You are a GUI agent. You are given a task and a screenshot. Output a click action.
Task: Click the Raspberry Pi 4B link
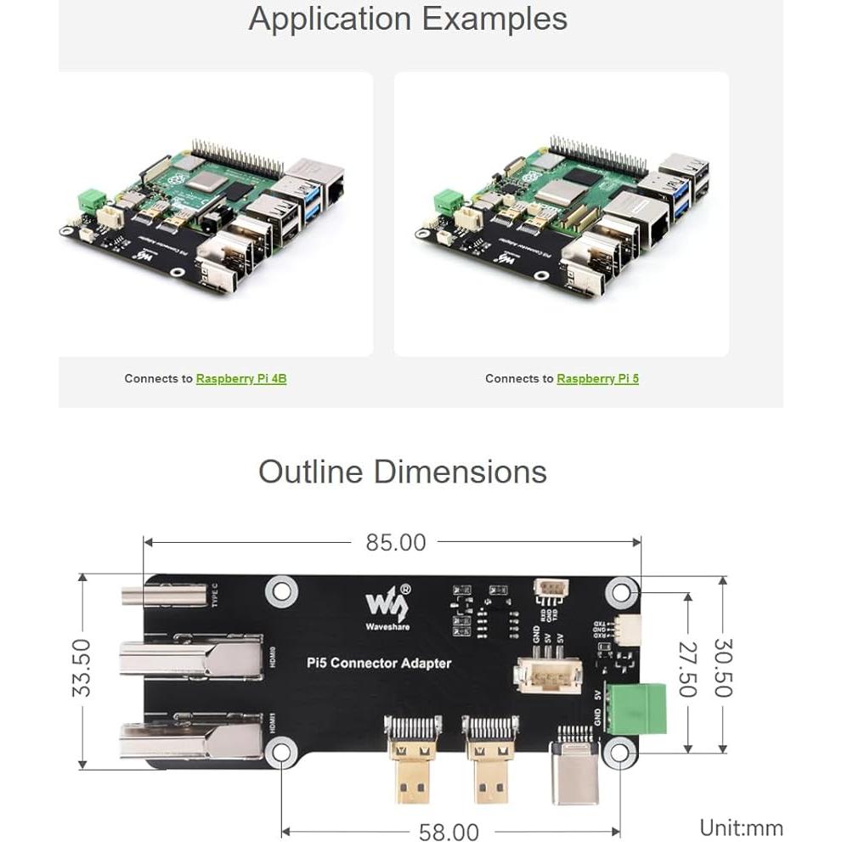[x=240, y=379]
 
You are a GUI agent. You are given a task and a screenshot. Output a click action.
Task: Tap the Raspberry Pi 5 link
[x=597, y=379]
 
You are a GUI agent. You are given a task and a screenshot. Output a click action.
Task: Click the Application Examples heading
[x=408, y=19]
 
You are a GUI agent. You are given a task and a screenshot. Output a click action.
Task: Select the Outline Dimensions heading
[x=402, y=472]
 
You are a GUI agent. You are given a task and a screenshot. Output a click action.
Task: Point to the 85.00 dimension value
[x=395, y=542]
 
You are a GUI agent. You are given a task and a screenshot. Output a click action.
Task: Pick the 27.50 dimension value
[x=687, y=668]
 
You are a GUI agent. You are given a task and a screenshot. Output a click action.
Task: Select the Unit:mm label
[x=740, y=828]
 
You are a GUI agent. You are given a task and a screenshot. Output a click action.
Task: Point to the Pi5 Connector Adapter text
[x=378, y=663]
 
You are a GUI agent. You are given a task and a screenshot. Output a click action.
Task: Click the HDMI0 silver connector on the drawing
[x=190, y=661]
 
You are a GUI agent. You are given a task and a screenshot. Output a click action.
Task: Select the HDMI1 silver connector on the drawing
[x=190, y=739]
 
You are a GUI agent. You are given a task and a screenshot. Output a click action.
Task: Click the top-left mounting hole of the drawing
[x=278, y=590]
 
